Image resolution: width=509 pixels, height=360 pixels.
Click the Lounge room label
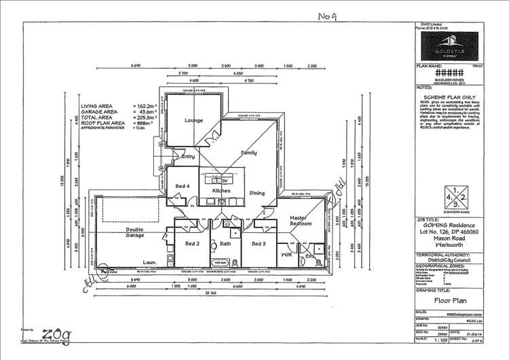coord(193,120)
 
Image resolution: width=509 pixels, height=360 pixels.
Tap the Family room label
coord(248,154)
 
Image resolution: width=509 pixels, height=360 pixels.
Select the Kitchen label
coord(221,192)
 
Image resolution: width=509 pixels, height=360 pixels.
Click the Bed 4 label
coord(182,185)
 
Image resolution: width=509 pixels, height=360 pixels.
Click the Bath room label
coord(225,242)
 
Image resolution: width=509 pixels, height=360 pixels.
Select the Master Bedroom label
coord(300,220)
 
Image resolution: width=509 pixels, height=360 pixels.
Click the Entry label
coord(188,157)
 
